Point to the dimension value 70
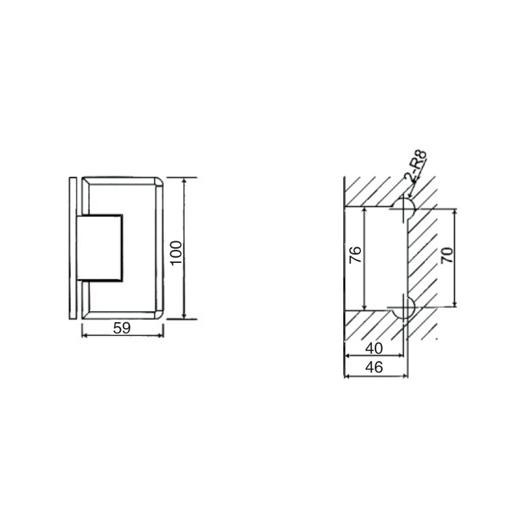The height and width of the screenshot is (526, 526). (x=446, y=255)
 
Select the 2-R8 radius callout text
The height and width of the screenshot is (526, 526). (x=416, y=166)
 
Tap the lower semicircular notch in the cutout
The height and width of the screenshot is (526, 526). (x=403, y=308)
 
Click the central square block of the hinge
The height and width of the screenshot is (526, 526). (x=100, y=247)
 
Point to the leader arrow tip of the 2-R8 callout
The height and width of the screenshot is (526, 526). (x=409, y=197)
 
